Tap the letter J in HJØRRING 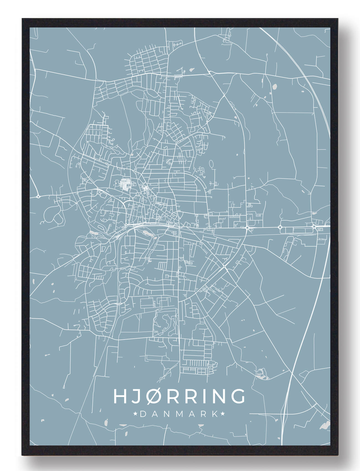click(136, 396)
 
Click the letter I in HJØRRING click(203, 396)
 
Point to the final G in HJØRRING click(238, 396)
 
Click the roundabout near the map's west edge click(38, 196)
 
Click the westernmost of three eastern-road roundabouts click(247, 227)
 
